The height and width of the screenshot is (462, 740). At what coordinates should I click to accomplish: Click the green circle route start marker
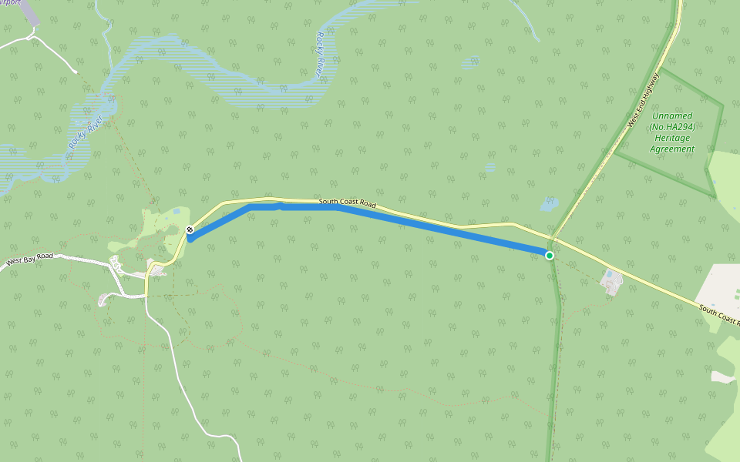pos(550,255)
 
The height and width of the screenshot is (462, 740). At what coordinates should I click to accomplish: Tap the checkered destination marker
pos(190,229)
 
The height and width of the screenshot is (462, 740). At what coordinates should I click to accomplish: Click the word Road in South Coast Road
pos(368,205)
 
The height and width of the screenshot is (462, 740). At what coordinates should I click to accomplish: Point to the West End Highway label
pos(644,99)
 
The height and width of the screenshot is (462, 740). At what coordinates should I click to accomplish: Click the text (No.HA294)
pos(671,126)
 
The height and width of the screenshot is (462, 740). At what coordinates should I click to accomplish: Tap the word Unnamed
pos(671,115)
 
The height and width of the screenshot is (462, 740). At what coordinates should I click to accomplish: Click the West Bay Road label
pos(29,260)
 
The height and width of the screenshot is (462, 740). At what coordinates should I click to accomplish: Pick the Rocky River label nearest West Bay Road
pos(79,134)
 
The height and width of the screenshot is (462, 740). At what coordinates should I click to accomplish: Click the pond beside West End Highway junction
pos(548,205)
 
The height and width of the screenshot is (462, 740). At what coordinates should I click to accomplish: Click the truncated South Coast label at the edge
pos(719,315)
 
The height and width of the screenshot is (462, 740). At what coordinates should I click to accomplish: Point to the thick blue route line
pos(432,229)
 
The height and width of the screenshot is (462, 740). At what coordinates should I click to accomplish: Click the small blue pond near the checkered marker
pos(177,210)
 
